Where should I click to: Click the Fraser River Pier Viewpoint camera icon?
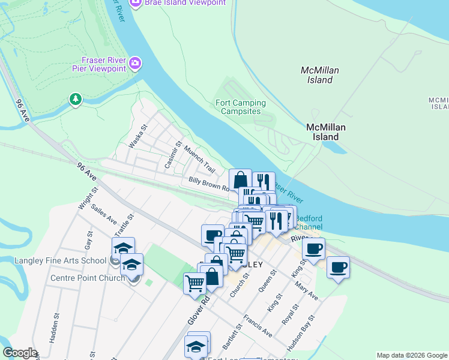point(136,63)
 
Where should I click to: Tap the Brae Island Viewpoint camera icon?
point(135,2)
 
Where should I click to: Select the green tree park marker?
point(75,99)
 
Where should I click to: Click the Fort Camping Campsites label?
point(241,107)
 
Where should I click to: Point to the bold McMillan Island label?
point(323,132)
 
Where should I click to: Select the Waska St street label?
point(138,136)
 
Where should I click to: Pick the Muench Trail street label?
point(199,158)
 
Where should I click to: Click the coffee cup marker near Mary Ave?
point(338,267)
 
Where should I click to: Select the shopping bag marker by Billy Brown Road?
point(240,179)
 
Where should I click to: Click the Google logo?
point(20,353)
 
